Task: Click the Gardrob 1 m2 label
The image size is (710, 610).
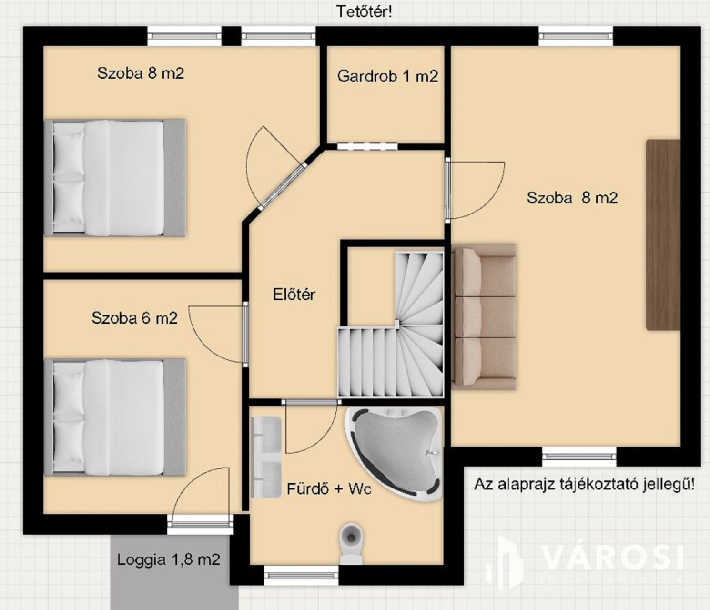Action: [387, 76]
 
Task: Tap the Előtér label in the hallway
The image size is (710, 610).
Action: [294, 295]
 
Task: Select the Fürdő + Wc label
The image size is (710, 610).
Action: [329, 488]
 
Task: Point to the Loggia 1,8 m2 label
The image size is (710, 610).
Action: [169, 560]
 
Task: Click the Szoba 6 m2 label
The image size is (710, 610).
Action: [134, 318]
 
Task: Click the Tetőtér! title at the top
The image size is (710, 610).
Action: [364, 12]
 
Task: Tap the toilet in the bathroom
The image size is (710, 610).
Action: [351, 543]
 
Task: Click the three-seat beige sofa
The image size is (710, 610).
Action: [484, 317]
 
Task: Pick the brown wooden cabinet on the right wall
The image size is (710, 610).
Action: [663, 234]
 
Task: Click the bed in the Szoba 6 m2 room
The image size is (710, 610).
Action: [115, 417]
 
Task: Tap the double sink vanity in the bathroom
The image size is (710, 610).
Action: [266, 457]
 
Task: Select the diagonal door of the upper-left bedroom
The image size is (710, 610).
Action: [276, 175]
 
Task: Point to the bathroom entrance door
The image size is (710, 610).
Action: [311, 427]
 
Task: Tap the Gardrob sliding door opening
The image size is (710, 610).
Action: [367, 147]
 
